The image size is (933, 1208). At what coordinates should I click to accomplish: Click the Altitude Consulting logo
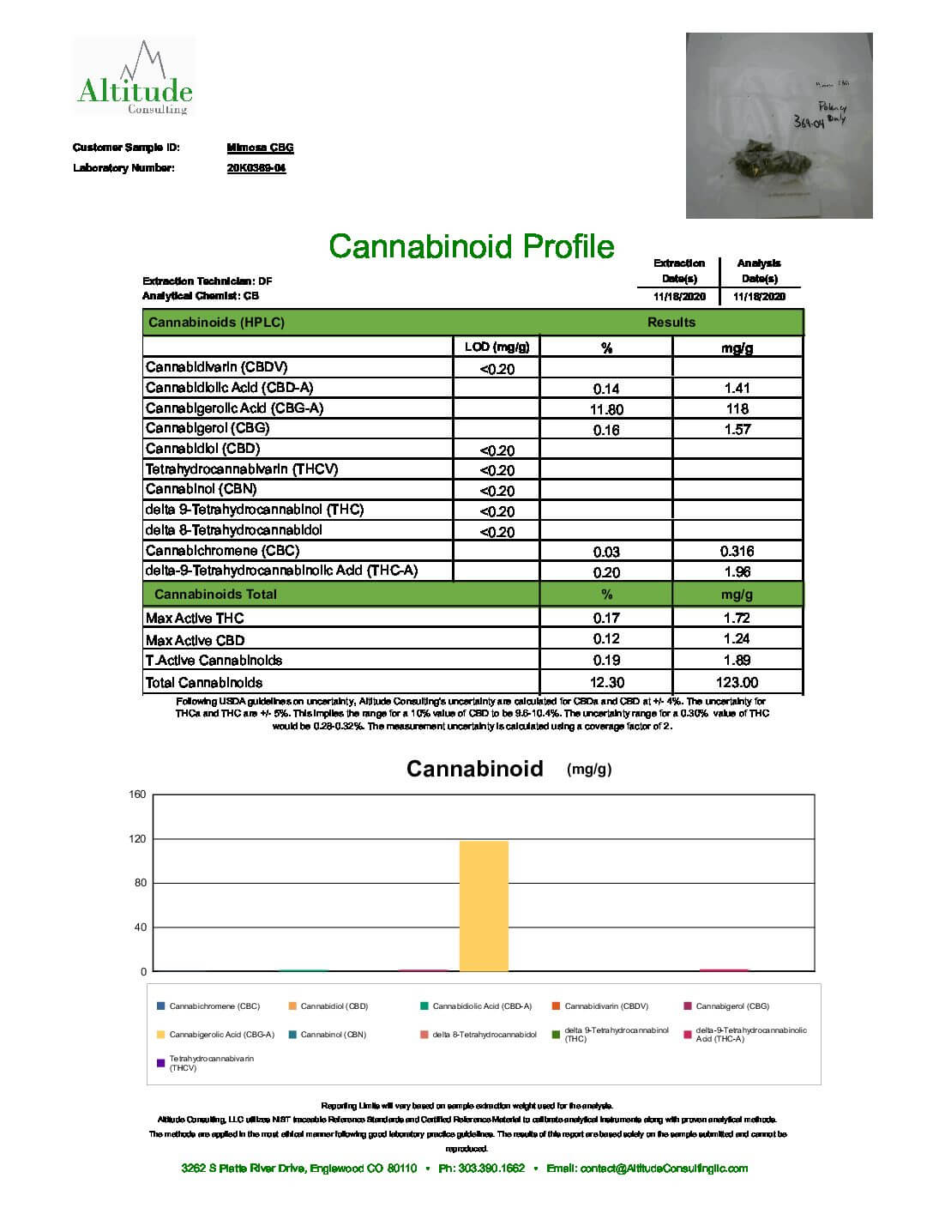pyautogui.click(x=134, y=80)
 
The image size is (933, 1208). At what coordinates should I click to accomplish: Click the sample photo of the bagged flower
pyautogui.click(x=779, y=125)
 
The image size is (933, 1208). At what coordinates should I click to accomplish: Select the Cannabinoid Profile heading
pyautogui.click(x=472, y=247)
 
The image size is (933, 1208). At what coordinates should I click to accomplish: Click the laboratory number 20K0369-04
pyautogui.click(x=256, y=168)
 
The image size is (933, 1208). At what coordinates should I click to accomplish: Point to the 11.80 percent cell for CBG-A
pyautogui.click(x=606, y=409)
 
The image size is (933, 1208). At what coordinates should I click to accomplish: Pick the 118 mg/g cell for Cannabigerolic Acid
pyautogui.click(x=737, y=409)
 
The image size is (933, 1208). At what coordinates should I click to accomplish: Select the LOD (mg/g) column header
pyautogui.click(x=497, y=347)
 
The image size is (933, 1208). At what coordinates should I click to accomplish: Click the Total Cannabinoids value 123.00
pyautogui.click(x=737, y=683)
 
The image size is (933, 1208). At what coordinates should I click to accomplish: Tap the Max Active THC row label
pyautogui.click(x=195, y=619)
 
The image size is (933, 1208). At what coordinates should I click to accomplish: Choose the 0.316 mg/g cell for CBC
pyautogui.click(x=737, y=552)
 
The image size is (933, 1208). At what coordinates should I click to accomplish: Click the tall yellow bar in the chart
pyautogui.click(x=484, y=906)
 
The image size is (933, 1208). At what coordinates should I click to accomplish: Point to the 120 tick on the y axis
pyautogui.click(x=137, y=839)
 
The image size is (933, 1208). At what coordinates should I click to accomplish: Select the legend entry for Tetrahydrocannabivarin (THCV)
pyautogui.click(x=211, y=1063)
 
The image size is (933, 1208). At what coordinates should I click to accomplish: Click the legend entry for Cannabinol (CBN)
pyautogui.click(x=333, y=1035)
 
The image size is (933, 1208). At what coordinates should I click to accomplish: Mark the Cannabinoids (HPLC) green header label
pyautogui.click(x=216, y=323)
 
